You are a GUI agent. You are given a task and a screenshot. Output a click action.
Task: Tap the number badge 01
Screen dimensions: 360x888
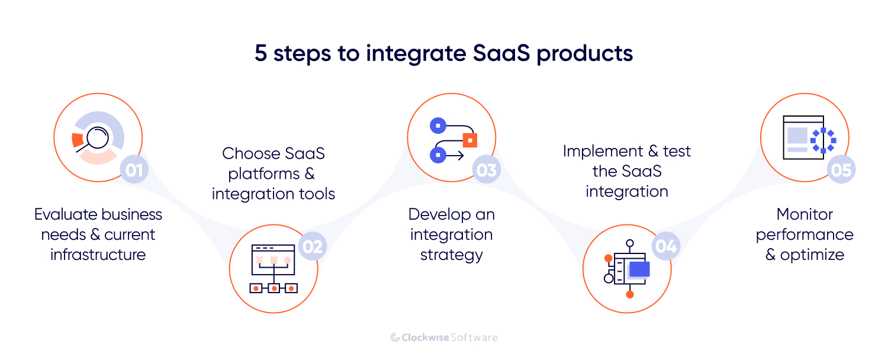click(134, 171)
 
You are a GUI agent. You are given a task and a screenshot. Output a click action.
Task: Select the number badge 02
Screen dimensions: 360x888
click(312, 246)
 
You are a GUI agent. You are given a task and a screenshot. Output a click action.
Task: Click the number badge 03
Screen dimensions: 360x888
click(486, 171)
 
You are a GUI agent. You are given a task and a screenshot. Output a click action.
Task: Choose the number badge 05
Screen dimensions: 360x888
click(841, 171)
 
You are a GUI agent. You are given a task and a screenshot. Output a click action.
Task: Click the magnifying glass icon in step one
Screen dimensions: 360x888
click(94, 138)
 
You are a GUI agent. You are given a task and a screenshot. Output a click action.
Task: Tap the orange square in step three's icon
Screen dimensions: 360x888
click(469, 140)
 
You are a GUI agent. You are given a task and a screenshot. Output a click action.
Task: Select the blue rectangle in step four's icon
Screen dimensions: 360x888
click(639, 269)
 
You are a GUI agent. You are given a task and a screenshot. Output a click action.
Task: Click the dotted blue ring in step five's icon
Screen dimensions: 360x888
click(823, 141)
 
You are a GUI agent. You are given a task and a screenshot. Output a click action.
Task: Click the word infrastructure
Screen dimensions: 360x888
click(98, 255)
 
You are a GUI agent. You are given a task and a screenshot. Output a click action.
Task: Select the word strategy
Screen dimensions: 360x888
click(451, 255)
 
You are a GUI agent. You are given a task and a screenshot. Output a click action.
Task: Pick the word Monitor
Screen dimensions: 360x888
click(805, 214)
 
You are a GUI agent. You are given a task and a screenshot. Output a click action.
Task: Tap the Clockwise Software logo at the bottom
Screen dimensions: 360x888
click(444, 337)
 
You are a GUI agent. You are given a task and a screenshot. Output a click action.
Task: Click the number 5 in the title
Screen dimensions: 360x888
click(260, 53)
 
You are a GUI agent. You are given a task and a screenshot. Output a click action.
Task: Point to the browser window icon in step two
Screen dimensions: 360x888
click(273, 259)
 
